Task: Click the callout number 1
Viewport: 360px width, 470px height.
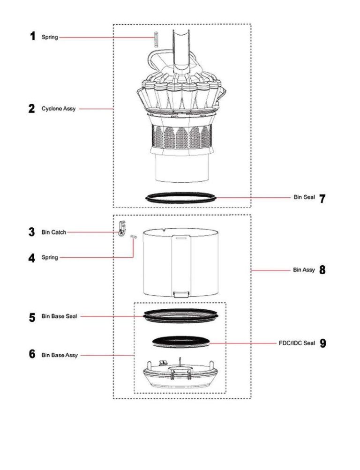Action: pos(32,36)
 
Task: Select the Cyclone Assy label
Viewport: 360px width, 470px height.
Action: pos(59,109)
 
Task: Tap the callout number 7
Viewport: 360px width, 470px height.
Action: pos(322,198)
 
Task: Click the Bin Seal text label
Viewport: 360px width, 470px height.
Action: pos(304,197)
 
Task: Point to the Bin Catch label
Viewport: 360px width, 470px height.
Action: pos(53,232)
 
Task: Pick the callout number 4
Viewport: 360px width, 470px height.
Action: pos(32,258)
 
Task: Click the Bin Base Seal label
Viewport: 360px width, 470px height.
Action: pos(59,317)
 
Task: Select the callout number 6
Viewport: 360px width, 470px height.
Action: pos(32,354)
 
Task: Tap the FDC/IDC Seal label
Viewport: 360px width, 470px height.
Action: pos(297,343)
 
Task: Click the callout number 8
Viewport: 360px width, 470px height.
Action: pos(322,270)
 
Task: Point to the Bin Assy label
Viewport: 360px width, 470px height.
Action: pos(304,270)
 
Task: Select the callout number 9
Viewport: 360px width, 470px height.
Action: pos(322,343)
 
